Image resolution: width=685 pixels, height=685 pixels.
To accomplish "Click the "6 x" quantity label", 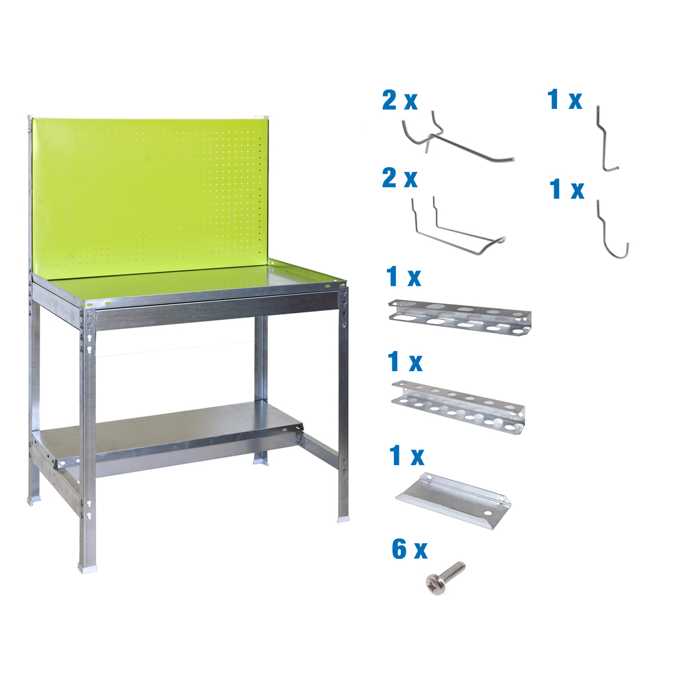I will pos(409,549).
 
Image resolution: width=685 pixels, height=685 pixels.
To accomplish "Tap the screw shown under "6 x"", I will pos(445,576).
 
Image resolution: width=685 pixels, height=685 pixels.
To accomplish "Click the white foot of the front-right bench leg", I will pos(342,519).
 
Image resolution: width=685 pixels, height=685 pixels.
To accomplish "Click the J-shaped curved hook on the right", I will pos(613,233).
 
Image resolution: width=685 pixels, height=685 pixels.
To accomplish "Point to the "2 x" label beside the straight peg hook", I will pos(399,101).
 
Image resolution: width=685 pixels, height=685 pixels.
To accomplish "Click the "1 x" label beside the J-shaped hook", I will pos(567,190).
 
